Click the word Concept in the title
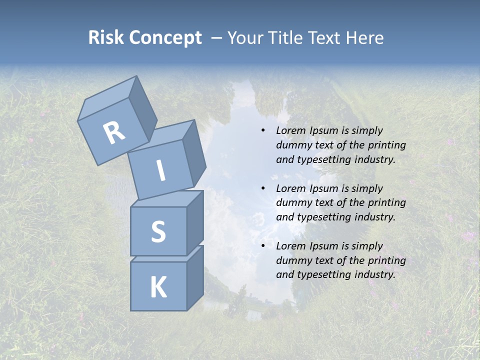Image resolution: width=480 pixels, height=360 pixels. pyautogui.click(x=165, y=38)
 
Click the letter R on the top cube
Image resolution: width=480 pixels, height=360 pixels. pyautogui.click(x=113, y=132)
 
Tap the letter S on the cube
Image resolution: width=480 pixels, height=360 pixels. pyautogui.click(x=158, y=231)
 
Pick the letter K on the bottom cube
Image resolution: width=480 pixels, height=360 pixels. pyautogui.click(x=158, y=287)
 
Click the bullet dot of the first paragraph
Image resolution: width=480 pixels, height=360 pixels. pyautogui.click(x=263, y=130)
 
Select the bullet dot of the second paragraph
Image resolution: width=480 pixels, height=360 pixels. pyautogui.click(x=263, y=188)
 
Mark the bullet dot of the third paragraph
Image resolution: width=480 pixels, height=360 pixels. pyautogui.click(x=263, y=246)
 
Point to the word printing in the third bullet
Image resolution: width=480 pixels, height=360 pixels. pyautogui.click(x=386, y=260)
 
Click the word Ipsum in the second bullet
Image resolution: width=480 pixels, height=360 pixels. pyautogui.click(x=323, y=188)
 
